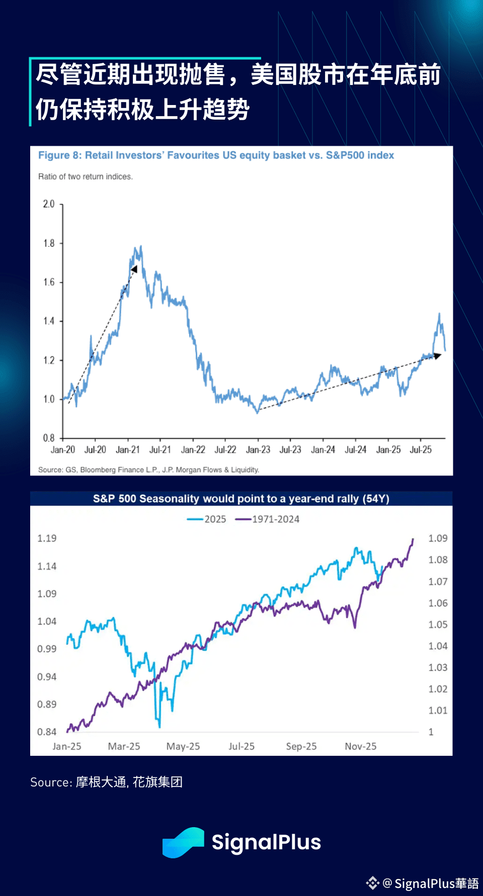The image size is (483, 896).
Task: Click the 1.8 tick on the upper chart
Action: pos(49,243)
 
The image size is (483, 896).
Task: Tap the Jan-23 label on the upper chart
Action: pos(258,450)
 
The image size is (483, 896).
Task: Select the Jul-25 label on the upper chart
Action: pos(421,450)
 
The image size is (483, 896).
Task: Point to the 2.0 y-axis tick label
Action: pos(49,204)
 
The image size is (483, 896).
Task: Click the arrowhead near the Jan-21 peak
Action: pos(134,269)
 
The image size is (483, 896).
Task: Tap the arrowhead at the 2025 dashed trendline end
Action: pos(437,356)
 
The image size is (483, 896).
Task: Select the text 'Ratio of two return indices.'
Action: pos(86,177)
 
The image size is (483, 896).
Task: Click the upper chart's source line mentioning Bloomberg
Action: pos(149,470)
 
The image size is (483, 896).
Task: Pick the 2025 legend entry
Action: pos(207,519)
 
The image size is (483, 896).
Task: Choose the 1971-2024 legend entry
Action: pos(268,519)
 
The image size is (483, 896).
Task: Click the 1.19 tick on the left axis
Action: pos(47,538)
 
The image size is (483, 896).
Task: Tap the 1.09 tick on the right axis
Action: pos(438,538)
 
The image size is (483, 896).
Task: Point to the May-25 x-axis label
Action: pos(183,746)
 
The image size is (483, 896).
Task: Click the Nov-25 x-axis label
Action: pos(361,746)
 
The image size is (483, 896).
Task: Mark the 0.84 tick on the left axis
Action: pos(47,732)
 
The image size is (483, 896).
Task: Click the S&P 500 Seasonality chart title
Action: pos(241,499)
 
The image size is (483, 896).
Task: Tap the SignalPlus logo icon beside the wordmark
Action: pos(183,842)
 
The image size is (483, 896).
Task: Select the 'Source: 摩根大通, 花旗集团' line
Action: pos(106,782)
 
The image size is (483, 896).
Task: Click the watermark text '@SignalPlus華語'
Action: pos(431,883)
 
